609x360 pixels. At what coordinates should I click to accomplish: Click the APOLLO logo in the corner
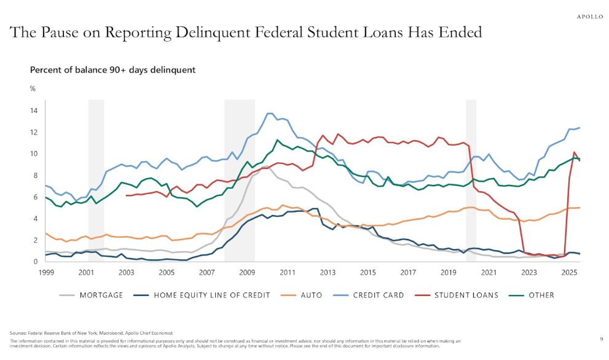point(589,17)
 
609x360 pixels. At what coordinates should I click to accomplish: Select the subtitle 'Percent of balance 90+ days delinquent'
point(112,70)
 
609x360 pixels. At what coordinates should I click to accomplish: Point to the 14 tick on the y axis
point(34,111)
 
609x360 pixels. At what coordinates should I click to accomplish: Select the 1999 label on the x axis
point(45,272)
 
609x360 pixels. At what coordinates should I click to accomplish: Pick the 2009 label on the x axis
point(246,272)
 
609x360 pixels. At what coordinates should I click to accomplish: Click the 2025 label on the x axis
point(568,272)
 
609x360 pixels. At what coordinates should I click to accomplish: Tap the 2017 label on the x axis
point(407,272)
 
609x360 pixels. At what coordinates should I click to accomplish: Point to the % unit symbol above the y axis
point(33,89)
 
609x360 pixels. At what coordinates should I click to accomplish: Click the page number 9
point(601,338)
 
